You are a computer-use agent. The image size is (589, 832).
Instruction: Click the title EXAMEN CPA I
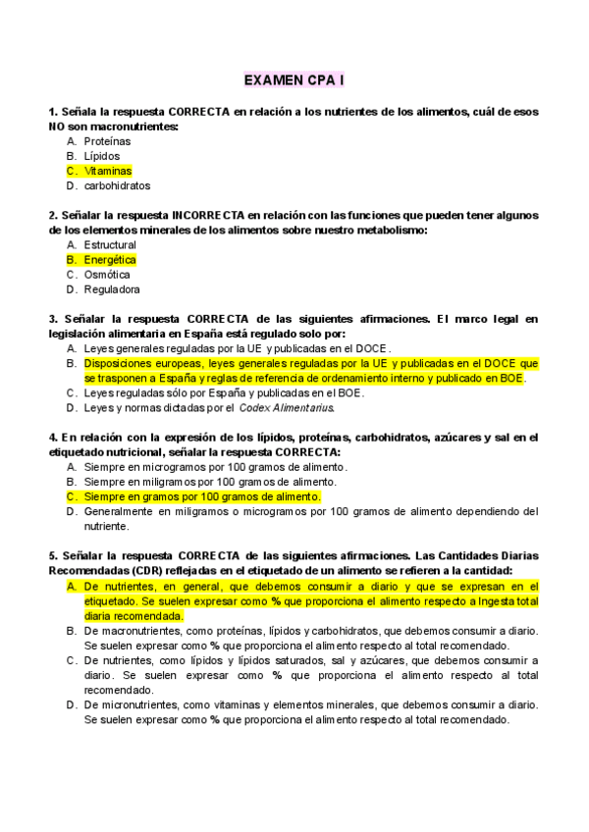point(294,77)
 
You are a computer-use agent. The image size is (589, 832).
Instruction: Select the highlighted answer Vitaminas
point(108,171)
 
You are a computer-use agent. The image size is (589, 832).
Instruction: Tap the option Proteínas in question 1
point(107,141)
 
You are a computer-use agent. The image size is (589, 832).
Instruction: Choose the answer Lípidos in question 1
point(102,156)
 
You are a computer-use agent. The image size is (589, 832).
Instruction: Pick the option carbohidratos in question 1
point(117,185)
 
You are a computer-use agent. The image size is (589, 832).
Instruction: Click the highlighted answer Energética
point(110,260)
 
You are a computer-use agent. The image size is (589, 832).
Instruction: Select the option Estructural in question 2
point(110,244)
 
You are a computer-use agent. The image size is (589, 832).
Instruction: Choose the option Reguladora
point(112,289)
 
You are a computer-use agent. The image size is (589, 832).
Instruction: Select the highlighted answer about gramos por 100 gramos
point(202,496)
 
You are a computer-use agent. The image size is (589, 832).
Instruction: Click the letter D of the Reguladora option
point(72,289)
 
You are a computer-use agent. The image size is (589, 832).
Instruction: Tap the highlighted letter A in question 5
point(72,586)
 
